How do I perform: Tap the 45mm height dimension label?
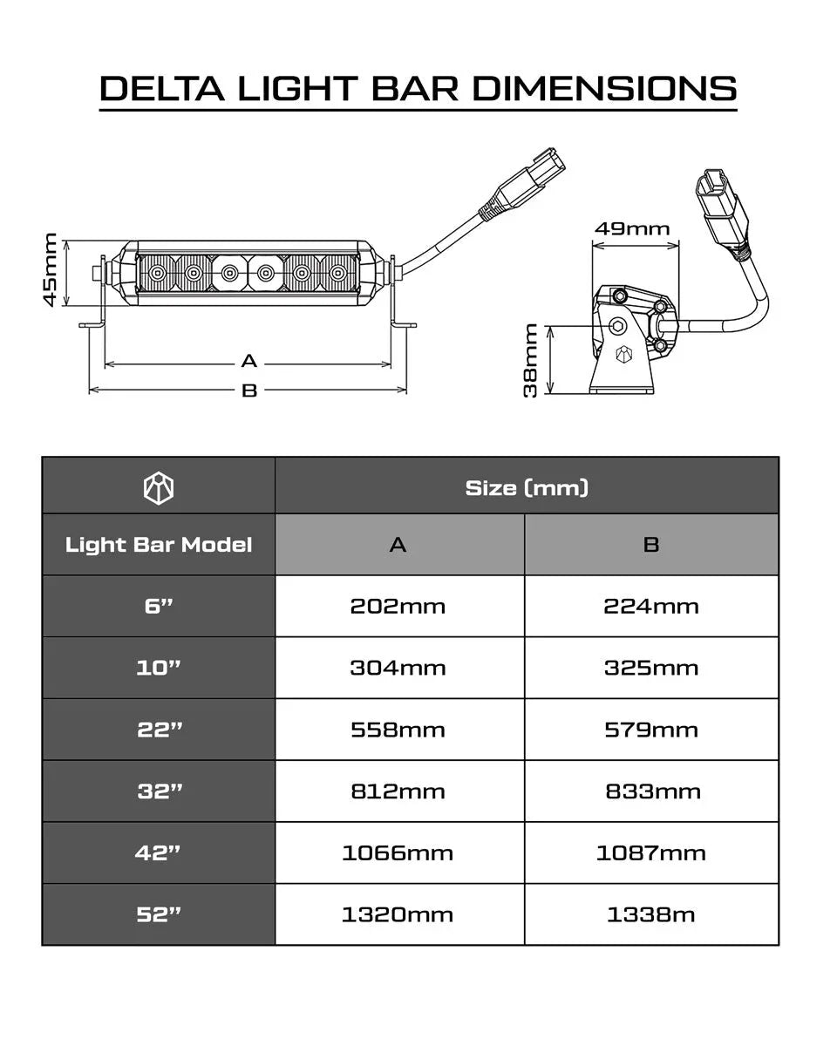tap(51, 269)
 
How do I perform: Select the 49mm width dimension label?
tap(632, 229)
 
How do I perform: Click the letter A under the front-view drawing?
tap(249, 361)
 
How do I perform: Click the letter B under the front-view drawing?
tap(249, 391)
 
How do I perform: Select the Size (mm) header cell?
tap(527, 487)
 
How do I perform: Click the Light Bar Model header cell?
tap(159, 545)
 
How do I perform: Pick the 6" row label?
tap(159, 606)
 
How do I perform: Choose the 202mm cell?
tap(398, 606)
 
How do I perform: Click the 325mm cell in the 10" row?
tap(651, 668)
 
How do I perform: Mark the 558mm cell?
tap(398, 730)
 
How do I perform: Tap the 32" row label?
tap(159, 791)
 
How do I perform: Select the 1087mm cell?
tap(651, 852)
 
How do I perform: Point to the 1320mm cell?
tap(398, 914)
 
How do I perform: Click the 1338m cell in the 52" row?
tap(651, 914)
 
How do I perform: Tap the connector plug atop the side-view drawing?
tap(720, 209)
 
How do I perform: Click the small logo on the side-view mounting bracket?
tap(623, 355)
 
